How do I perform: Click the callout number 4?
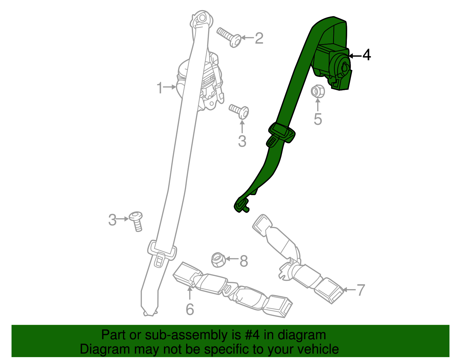coord(366,55)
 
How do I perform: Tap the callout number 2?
coord(259,38)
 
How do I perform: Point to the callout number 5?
coord(318,119)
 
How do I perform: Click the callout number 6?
coord(190,309)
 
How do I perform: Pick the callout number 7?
coord(361,290)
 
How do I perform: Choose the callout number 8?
coord(244,261)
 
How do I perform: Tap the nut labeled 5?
coord(318,91)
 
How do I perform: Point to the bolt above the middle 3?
coord(240,111)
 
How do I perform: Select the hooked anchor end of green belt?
coord(241,205)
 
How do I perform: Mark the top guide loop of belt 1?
coord(202,20)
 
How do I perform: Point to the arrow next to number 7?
coord(349,290)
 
